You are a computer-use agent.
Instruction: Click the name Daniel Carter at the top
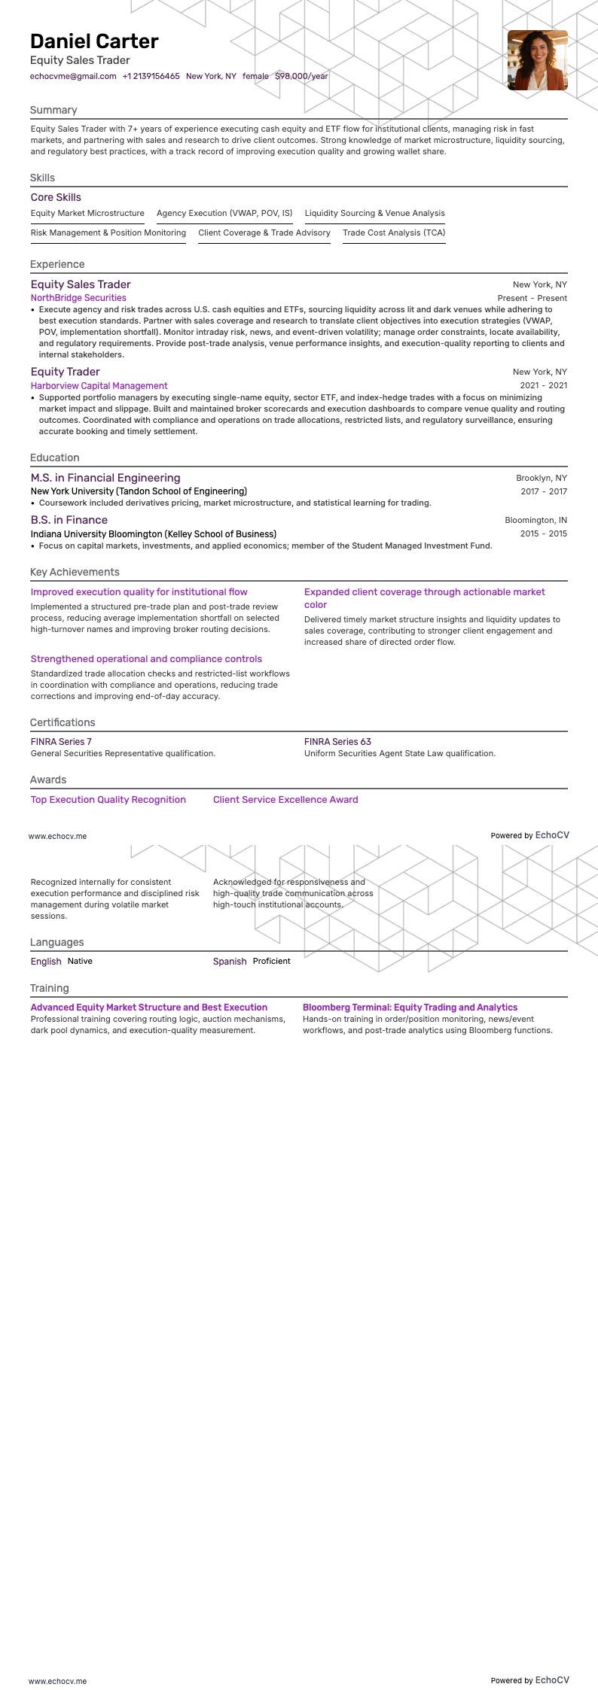[x=94, y=41]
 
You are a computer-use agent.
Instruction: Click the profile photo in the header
[x=537, y=60]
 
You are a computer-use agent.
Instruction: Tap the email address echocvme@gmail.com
[x=73, y=76]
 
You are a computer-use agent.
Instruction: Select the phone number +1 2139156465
[x=151, y=76]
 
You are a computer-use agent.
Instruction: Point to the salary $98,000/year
[x=301, y=76]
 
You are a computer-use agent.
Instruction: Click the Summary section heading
[x=53, y=110]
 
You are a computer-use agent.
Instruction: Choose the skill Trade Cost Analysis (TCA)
[x=394, y=233]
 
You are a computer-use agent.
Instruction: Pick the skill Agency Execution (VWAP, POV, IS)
[x=224, y=214]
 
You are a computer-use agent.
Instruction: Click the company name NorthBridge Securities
[x=78, y=298]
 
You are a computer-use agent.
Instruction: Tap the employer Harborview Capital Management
[x=99, y=386]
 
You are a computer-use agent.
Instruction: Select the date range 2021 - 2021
[x=543, y=385]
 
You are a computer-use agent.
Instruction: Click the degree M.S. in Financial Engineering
[x=105, y=478]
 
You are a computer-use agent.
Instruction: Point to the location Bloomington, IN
[x=535, y=520]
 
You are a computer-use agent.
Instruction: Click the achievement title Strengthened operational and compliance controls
[x=146, y=659]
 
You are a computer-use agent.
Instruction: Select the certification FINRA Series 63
[x=337, y=742]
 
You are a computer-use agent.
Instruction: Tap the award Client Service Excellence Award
[x=285, y=800]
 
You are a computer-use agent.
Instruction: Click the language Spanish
[x=230, y=962]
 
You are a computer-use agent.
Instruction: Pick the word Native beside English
[x=80, y=962]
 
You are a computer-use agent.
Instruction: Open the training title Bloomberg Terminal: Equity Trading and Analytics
[x=410, y=1008]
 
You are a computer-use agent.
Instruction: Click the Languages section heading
[x=56, y=942]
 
